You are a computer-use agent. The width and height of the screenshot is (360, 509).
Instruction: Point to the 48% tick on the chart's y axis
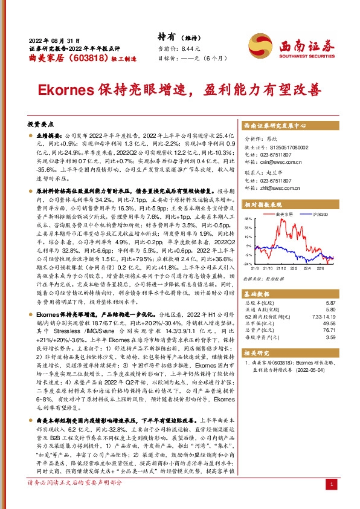coord(249,218)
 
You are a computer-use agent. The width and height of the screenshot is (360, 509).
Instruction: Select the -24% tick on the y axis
coord(248,264)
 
